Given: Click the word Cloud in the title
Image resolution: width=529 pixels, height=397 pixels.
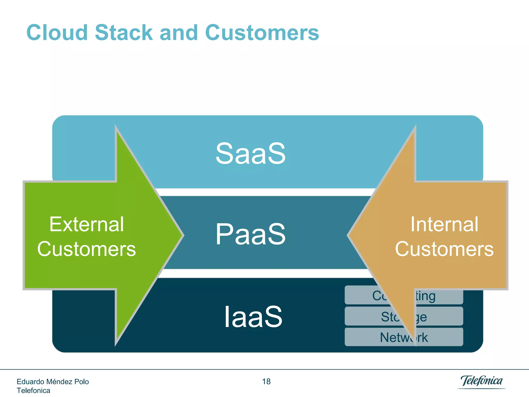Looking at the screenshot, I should click(x=57, y=33).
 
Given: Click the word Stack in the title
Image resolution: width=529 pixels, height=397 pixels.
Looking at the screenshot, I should click(x=124, y=33).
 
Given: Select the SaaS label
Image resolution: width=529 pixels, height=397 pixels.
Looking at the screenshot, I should click(x=251, y=154).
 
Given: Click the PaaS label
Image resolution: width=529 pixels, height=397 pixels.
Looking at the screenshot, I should click(x=251, y=234).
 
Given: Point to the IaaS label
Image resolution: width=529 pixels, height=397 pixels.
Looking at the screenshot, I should click(x=253, y=317).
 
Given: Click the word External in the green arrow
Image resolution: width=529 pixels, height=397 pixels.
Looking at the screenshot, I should click(x=87, y=224).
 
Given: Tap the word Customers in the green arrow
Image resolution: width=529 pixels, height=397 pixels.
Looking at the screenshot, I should click(x=87, y=249).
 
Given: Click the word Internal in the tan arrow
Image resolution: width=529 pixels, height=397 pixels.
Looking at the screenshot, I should click(x=444, y=224).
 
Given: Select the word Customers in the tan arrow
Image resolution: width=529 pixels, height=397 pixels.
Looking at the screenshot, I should click(x=444, y=249).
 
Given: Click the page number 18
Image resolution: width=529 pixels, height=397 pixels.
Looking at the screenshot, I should click(x=266, y=381).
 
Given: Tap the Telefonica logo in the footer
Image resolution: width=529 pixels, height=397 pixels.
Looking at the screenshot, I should click(x=481, y=381).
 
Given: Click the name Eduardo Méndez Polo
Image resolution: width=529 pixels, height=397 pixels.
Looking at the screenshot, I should click(x=53, y=382).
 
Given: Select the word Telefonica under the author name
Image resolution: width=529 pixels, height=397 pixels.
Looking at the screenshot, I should click(x=33, y=391).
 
